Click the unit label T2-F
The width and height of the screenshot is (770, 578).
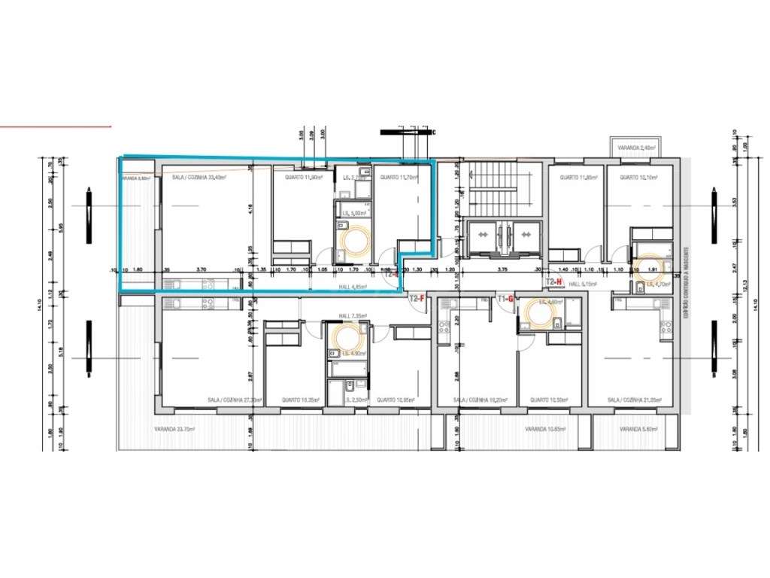click(417, 299)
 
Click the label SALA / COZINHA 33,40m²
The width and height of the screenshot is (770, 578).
click(199, 178)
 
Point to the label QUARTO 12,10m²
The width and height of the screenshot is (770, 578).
click(638, 178)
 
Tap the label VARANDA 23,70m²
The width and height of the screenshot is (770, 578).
click(175, 429)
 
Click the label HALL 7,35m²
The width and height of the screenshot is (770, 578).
click(352, 316)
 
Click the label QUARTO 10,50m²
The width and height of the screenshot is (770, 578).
click(548, 400)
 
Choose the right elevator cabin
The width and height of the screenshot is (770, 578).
click(525, 235)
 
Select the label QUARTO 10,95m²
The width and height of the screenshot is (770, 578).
click(395, 400)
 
